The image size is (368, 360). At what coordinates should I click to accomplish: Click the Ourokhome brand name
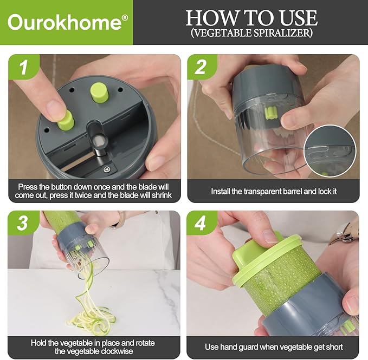(x=64, y=23)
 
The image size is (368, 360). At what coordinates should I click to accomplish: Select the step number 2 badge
(x=201, y=68)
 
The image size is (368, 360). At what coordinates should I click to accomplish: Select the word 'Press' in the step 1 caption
(x=28, y=187)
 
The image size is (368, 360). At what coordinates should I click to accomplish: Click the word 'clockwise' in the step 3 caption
(x=124, y=351)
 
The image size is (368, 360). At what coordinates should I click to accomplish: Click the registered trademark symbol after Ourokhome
(x=125, y=17)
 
